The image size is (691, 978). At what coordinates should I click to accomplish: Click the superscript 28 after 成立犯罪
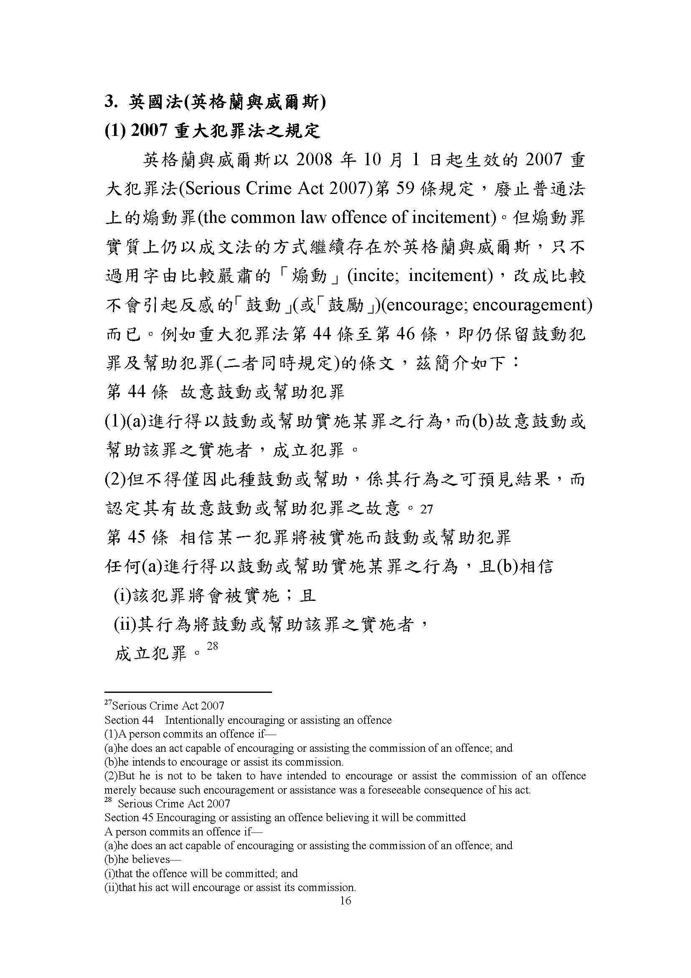(212, 646)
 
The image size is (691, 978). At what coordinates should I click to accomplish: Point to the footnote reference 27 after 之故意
(426, 509)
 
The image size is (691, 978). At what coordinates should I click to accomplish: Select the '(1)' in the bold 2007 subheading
(114, 131)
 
